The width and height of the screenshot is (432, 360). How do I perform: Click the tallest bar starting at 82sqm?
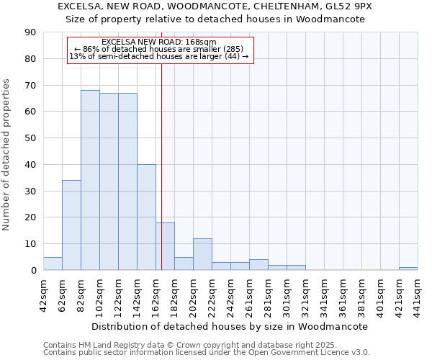(x=90, y=180)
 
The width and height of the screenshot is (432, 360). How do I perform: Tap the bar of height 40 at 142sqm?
(x=146, y=217)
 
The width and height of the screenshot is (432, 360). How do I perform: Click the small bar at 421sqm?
(x=408, y=269)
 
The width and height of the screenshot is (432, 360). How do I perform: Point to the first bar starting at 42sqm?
(x=53, y=264)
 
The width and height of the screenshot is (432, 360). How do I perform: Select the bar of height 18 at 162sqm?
(x=165, y=246)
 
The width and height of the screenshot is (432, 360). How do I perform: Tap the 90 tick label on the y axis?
(x=30, y=32)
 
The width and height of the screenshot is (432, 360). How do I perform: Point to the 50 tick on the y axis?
(x=30, y=138)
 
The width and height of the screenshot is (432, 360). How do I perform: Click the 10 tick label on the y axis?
(x=30, y=244)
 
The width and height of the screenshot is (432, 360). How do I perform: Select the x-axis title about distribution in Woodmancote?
(x=230, y=326)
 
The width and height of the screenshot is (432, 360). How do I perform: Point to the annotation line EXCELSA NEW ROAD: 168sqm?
(x=159, y=42)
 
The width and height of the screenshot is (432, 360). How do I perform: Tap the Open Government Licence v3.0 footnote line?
(x=207, y=352)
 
